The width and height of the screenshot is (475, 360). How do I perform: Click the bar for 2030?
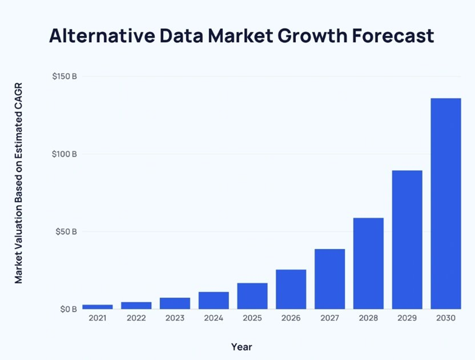click(x=445, y=203)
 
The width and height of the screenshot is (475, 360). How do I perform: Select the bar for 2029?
click(x=407, y=239)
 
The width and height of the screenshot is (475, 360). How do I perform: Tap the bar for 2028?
click(x=369, y=263)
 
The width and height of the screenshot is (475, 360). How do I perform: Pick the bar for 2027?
click(x=329, y=279)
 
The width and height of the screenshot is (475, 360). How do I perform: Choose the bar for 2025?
click(x=252, y=296)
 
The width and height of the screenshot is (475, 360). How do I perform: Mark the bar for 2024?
click(x=214, y=300)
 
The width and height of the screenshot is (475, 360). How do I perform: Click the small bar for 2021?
click(x=98, y=306)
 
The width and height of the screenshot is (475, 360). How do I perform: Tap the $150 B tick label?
click(x=64, y=76)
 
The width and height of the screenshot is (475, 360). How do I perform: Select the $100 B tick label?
click(x=64, y=154)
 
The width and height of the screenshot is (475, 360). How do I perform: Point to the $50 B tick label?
click(x=66, y=231)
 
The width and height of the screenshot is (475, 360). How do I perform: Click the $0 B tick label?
click(x=68, y=309)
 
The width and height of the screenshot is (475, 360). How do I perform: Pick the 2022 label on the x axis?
click(x=136, y=318)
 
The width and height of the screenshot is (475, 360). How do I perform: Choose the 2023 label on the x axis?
click(x=175, y=318)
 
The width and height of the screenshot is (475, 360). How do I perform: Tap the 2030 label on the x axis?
click(x=445, y=318)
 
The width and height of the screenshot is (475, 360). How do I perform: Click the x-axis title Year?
click(x=241, y=347)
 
